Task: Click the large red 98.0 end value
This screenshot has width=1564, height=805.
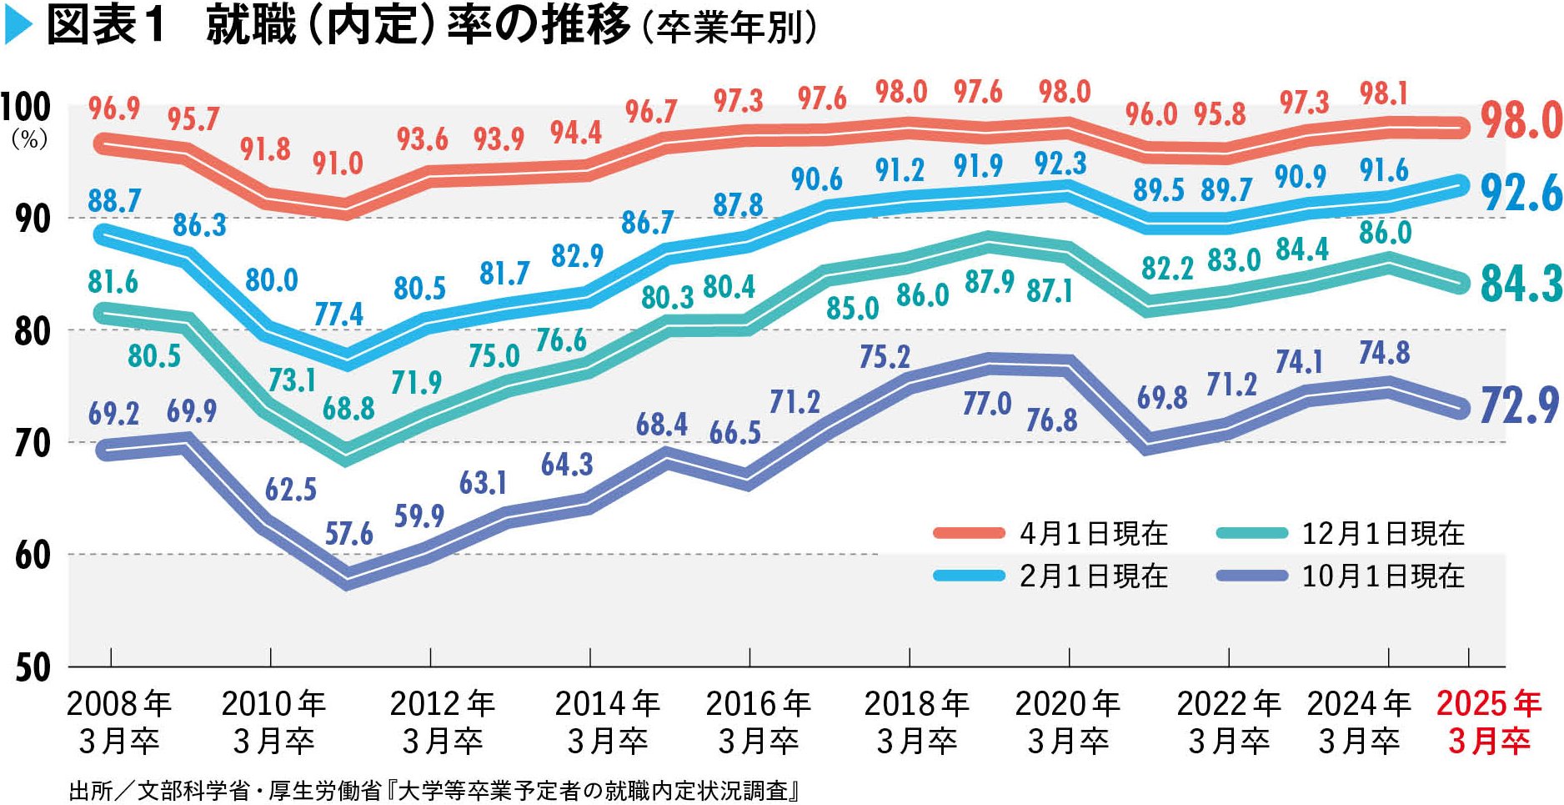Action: point(1521,121)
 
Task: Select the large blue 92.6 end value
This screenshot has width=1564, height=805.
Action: point(1521,194)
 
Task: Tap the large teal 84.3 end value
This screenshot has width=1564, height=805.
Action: point(1521,284)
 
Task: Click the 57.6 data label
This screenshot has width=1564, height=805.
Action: point(348,534)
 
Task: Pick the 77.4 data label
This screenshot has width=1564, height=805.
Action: point(338,314)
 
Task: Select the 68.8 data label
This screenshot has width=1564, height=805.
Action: point(348,409)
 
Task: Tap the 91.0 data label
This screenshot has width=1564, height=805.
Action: point(338,164)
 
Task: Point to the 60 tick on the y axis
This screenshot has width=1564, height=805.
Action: point(33,556)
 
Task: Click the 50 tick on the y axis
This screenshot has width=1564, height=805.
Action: point(33,668)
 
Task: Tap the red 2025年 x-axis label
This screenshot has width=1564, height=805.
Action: point(1489,722)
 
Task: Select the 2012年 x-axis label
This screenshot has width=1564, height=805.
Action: point(443,722)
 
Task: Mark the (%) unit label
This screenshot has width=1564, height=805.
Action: point(29,139)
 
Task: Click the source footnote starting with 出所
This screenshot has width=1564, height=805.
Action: point(434,790)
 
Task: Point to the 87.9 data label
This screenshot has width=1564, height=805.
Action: point(990,282)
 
